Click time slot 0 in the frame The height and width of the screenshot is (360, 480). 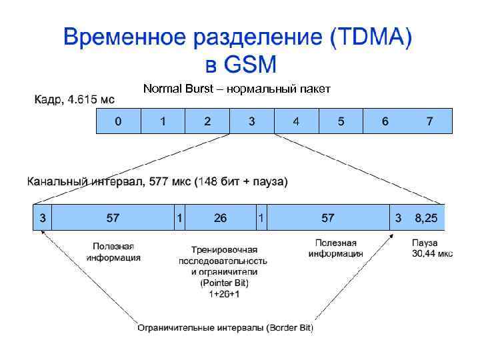pos(118,121)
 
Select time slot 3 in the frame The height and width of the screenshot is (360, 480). pos(251,121)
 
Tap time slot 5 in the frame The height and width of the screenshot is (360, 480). pos(341,121)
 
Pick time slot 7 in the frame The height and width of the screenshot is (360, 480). pos(430,121)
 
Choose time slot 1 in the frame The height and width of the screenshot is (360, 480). pos(163,121)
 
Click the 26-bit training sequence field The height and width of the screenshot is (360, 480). pos(220,218)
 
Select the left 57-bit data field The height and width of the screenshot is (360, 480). pos(113,218)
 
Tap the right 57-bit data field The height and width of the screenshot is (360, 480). pos(328,218)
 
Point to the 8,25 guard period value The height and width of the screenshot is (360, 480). pos(426,218)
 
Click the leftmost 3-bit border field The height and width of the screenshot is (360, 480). pos(43,218)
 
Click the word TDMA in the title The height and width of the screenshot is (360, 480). pos(367,38)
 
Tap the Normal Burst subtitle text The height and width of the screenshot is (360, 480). pos(237,89)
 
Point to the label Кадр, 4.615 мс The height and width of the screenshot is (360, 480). pos(74,100)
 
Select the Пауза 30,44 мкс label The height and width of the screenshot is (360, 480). pos(431,249)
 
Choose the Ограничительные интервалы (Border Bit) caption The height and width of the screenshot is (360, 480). pos(225,327)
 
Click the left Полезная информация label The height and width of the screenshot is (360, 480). pos(116,252)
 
